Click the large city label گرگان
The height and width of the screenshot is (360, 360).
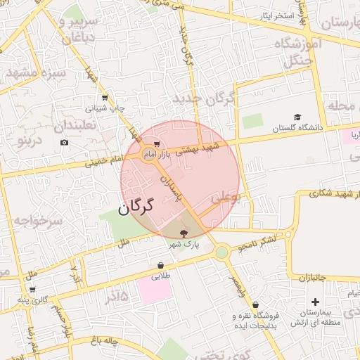pyautogui.click(x=136, y=208)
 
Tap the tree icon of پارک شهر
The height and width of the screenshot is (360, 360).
pyautogui.click(x=184, y=233)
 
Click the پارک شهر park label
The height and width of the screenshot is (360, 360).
pyautogui.click(x=184, y=245)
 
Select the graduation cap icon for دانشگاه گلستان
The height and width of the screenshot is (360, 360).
pyautogui.click(x=297, y=117)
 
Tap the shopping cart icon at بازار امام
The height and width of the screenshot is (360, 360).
pyautogui.click(x=147, y=144)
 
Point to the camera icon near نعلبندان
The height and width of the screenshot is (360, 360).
pyautogui.click(x=65, y=143)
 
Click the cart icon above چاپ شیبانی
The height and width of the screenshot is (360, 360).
pyautogui.click(x=105, y=98)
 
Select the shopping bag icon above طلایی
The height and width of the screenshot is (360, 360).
pyautogui.click(x=161, y=266)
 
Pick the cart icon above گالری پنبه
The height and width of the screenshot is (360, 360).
pyautogui.click(x=32, y=289)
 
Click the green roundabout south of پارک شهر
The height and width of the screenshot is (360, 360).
pyautogui.click(x=221, y=252)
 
